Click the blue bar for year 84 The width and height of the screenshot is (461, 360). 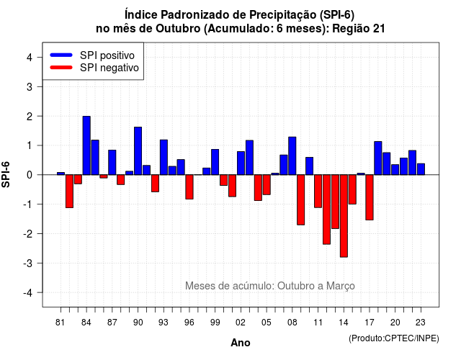tap(86, 145)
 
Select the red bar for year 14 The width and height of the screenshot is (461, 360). tap(344, 216)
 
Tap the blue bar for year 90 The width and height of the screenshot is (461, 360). tap(138, 150)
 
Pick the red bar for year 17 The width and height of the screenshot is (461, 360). tap(370, 197)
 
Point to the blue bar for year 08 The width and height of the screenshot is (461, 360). tap(292, 156)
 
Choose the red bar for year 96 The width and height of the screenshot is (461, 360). tap(189, 187)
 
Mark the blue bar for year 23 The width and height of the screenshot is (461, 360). tap(421, 169)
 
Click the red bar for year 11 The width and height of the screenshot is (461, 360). tap(318, 191)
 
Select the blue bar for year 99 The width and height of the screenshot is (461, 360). tap(215, 162)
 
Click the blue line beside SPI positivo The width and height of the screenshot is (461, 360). tap(61, 55)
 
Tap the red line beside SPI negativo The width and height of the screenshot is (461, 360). tap(61, 67)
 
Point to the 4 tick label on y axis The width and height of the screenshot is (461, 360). tap(30, 58)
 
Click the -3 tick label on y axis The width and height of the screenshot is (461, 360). tap(27, 264)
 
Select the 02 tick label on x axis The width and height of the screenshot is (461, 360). tap(241, 323)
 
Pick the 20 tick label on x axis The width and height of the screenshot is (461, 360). tap(395, 323)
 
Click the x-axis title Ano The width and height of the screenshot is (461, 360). tap(241, 343)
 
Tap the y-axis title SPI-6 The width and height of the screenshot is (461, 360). tap(6, 174)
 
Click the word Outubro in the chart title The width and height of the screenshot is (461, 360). tap(178, 29)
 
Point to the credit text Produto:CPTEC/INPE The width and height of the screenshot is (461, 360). tap(394, 338)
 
